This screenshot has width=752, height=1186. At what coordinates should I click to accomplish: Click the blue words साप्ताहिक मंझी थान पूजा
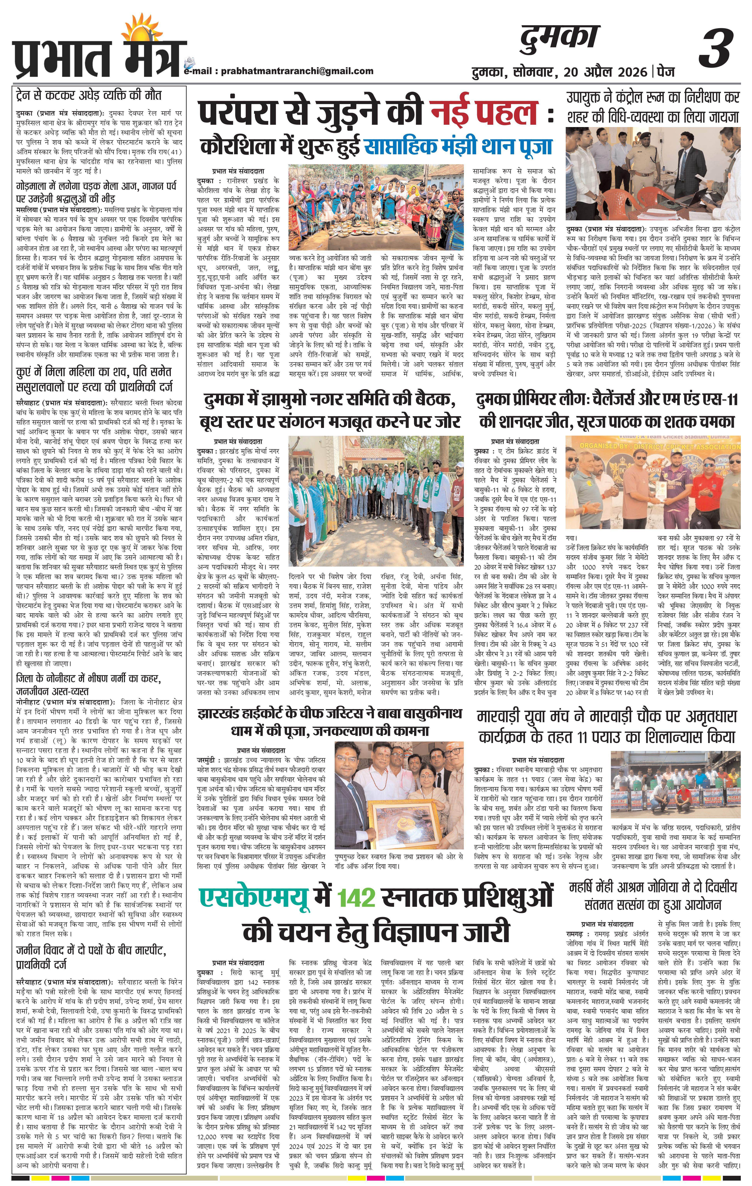(x=458, y=146)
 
